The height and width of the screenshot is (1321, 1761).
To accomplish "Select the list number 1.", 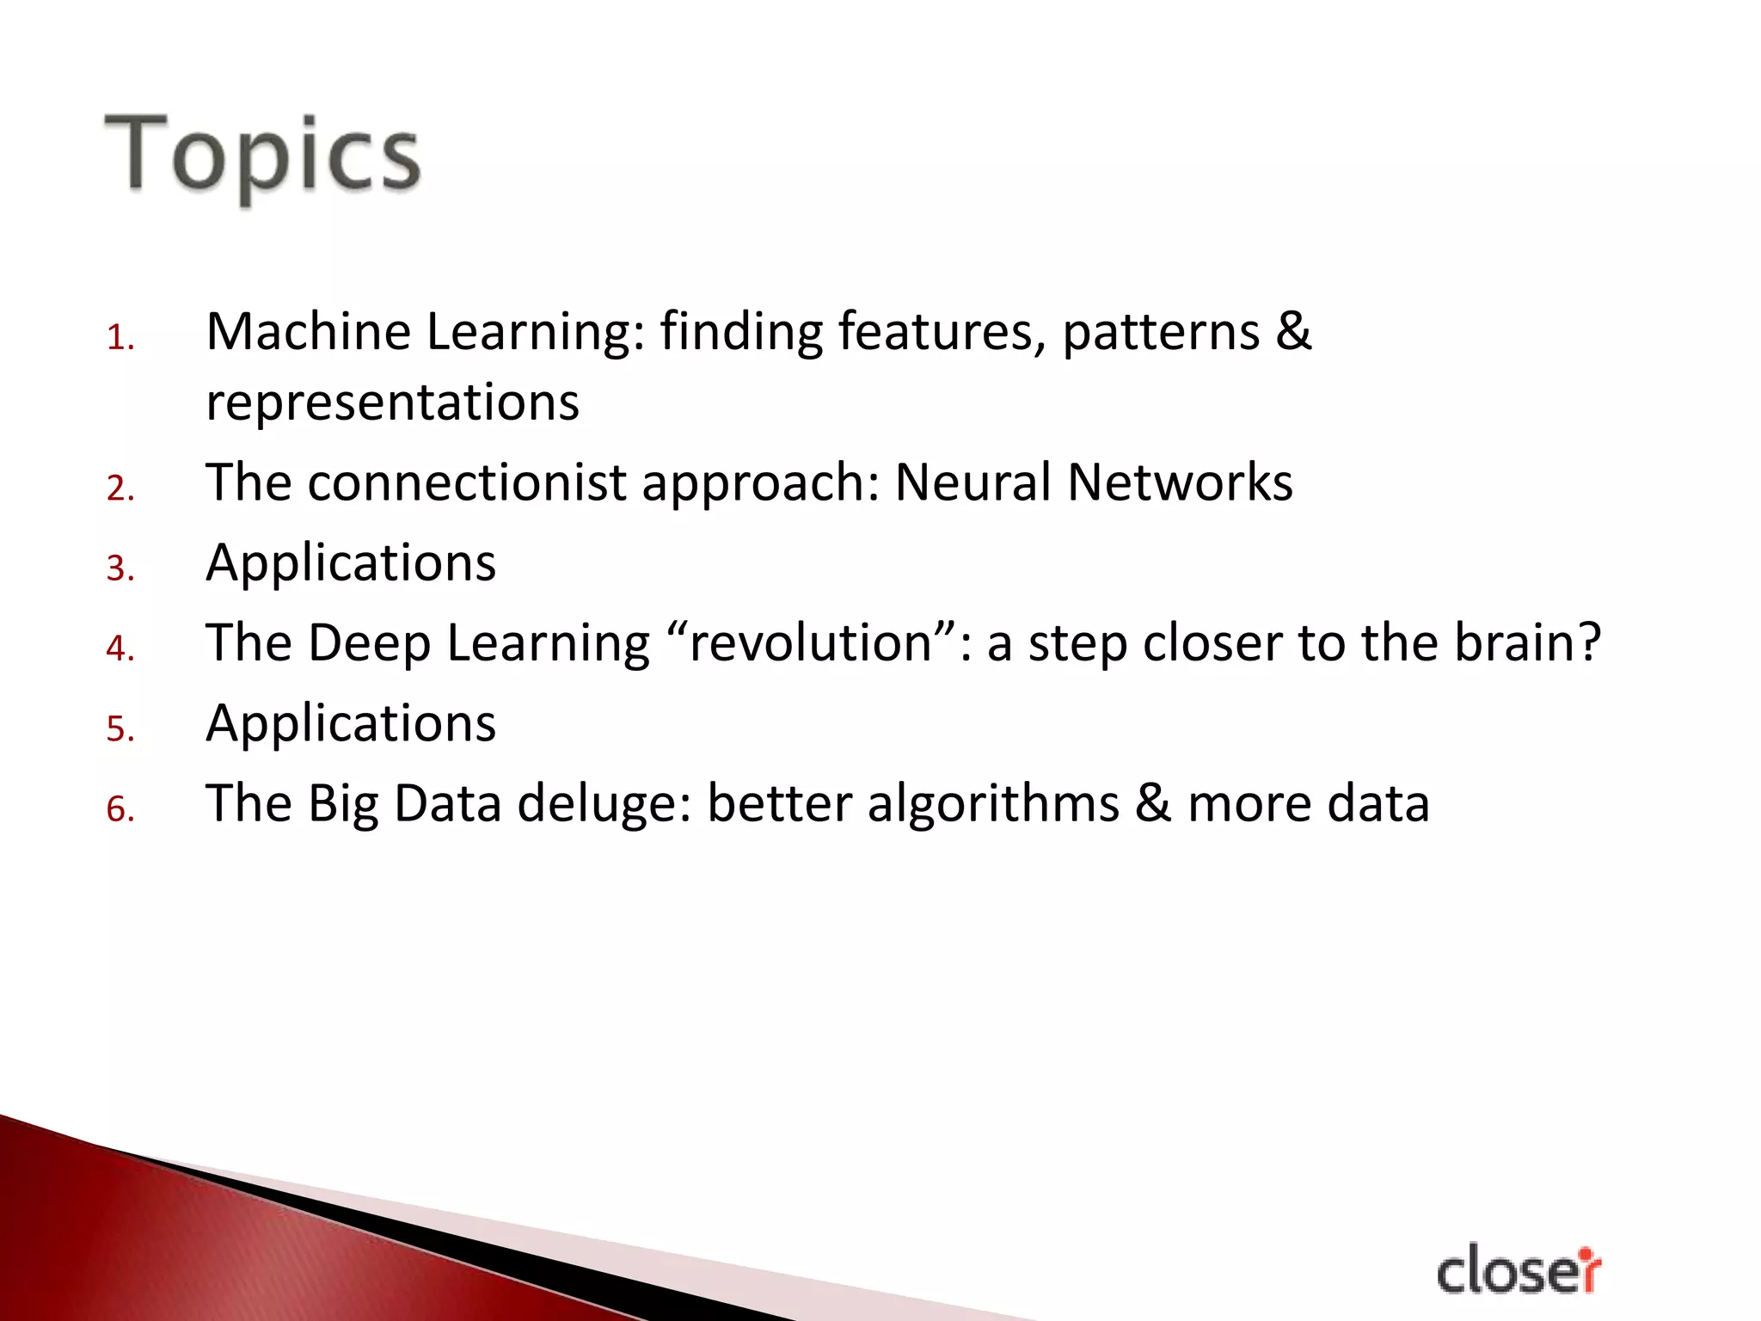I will pyautogui.click(x=120, y=338).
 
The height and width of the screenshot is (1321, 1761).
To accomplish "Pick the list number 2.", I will pyautogui.click(x=120, y=488).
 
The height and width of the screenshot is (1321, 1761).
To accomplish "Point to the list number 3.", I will pyautogui.click(x=120, y=568).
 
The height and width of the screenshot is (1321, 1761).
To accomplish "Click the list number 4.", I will pyautogui.click(x=120, y=648).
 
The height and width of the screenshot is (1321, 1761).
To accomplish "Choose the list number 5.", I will pyautogui.click(x=120, y=729).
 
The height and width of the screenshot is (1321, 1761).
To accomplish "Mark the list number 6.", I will pyautogui.click(x=120, y=809).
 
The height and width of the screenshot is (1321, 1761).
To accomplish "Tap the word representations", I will pyautogui.click(x=393, y=402).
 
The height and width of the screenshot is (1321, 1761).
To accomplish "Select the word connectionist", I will pyautogui.click(x=467, y=482).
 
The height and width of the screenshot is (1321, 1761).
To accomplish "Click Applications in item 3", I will pyautogui.click(x=351, y=564).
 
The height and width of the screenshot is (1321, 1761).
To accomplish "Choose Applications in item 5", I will pyautogui.click(x=351, y=724).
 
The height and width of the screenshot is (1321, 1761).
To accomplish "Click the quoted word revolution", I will pyautogui.click(x=812, y=643).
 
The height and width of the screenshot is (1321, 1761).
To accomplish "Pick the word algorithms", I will pyautogui.click(x=993, y=804).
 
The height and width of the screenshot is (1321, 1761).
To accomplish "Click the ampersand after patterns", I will pyautogui.click(x=1293, y=332).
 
